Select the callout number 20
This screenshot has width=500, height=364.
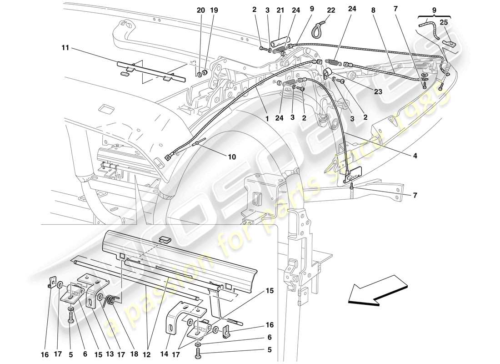pos(201,10)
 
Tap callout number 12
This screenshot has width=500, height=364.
pos(147,340)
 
